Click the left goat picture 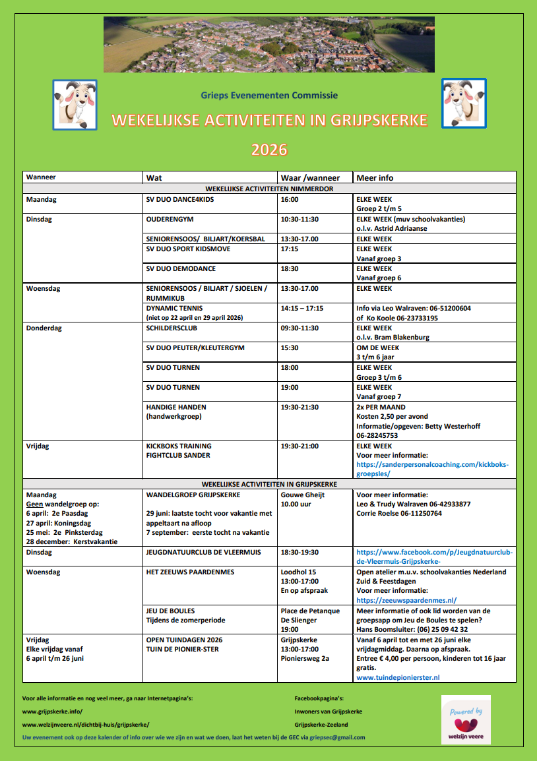(x=75, y=104)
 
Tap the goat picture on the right (x=464, y=104)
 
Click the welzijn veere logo (x=465, y=720)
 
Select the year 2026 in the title (x=269, y=150)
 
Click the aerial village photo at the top (x=268, y=44)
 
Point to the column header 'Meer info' (x=375, y=177)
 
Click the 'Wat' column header (x=153, y=177)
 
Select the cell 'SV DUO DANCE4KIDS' (x=180, y=199)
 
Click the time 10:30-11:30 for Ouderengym (x=300, y=219)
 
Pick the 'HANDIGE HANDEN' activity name (x=176, y=407)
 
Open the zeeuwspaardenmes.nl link (x=406, y=600)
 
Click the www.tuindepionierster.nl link (x=398, y=677)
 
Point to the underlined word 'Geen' (x=34, y=504)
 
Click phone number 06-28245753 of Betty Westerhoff (x=377, y=435)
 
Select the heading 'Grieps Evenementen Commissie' (x=269, y=95)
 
